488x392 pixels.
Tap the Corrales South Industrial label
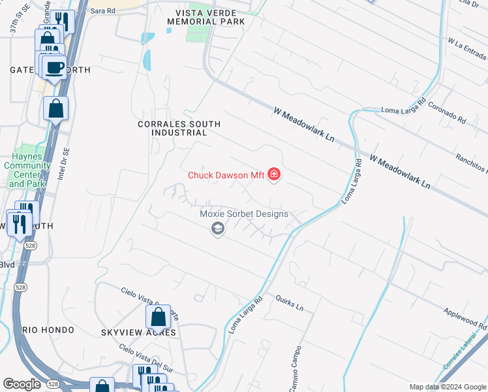(179, 128)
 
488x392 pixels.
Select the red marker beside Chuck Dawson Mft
(275, 174)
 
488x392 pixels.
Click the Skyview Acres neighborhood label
(138, 333)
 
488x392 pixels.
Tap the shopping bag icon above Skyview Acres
(158, 318)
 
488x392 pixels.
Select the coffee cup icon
(55, 67)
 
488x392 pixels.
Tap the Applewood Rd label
(465, 318)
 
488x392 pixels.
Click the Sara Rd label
(102, 10)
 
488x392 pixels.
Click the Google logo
(22, 384)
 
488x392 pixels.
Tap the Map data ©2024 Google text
(447, 387)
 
